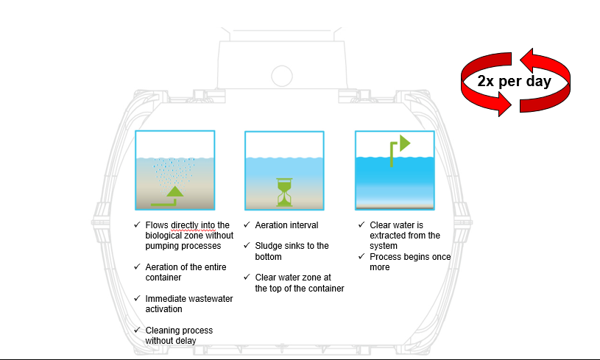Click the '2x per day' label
point(514,82)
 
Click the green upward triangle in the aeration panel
point(174,194)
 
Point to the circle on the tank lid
point(282,75)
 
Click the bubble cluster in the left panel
point(174,172)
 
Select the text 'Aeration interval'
point(287,225)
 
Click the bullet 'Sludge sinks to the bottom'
point(292,251)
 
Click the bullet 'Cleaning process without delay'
point(179,335)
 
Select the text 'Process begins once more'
point(410,261)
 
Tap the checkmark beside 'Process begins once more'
point(361,256)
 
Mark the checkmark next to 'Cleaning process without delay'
point(137,331)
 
